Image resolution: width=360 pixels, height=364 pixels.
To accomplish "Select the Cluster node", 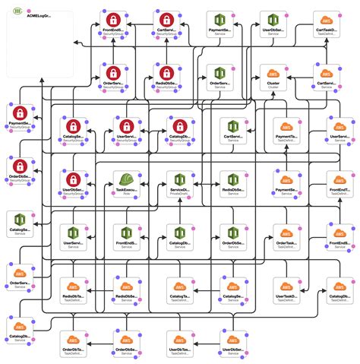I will (273, 73).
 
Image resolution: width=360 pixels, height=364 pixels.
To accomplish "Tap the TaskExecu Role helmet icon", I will (125, 179).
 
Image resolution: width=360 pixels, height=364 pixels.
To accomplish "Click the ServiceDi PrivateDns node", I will (178, 179).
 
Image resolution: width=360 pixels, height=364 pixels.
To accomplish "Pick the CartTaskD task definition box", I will (327, 20).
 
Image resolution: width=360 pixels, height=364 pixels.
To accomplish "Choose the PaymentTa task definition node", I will (287, 126).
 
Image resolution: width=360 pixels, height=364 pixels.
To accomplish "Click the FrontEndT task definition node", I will (339, 179).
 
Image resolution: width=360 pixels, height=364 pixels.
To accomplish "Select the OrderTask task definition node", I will (287, 233).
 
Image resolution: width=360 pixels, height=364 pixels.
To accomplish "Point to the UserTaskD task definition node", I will (287, 286).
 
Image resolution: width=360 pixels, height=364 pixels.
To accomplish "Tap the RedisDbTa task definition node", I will (72, 286).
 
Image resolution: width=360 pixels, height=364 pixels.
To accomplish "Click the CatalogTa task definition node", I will (178, 286).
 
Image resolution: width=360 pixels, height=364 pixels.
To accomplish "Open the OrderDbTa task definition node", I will (72, 339).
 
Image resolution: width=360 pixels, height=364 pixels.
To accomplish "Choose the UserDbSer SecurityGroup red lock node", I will (72, 179).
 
